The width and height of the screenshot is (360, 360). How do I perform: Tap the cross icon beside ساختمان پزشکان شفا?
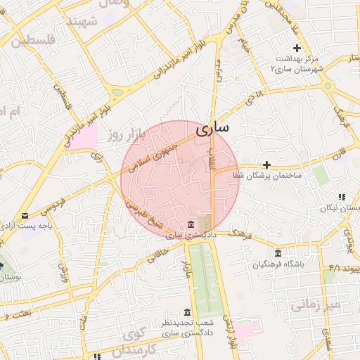pos(266,164)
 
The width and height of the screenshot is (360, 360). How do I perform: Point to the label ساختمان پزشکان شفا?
pos(271,176)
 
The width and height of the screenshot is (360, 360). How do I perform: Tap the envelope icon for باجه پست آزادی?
pos(25,215)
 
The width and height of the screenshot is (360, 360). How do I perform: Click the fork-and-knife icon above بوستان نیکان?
pos(341,198)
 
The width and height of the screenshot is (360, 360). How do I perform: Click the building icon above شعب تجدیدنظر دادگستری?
pos(187,311)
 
